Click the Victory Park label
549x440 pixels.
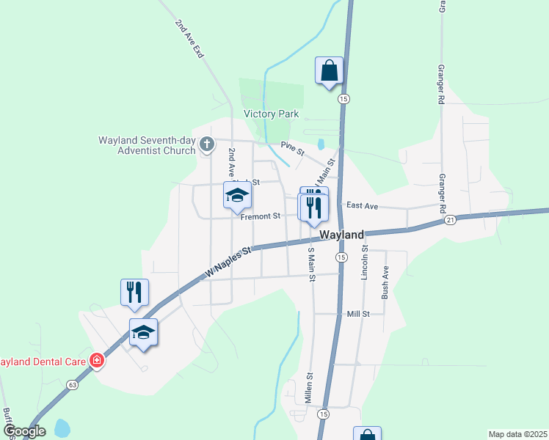pos(271,114)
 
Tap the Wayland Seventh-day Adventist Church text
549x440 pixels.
pos(148,144)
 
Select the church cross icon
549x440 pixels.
pos(207,144)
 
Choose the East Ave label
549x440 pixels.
pos(362,207)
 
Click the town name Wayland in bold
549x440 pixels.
pos(342,235)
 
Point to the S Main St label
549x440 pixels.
pos(311,265)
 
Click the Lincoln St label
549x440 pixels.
pos(364,263)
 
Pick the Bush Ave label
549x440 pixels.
pos(385,282)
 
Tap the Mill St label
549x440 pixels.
pos(358,313)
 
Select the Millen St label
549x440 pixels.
pos(310,389)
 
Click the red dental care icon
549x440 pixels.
pos(95,361)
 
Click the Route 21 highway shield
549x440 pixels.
pos(451,219)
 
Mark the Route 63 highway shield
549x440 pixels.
pos(71,384)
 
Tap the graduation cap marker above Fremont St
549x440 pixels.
pos(238,196)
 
